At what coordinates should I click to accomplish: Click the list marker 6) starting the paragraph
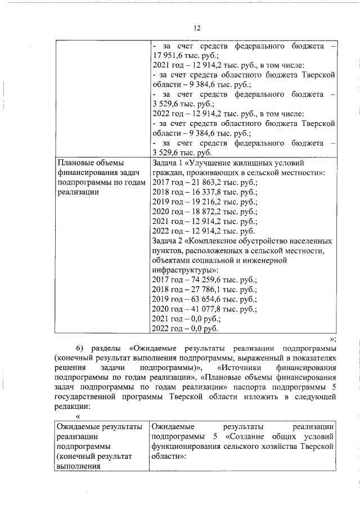pyautogui.click(x=80, y=348)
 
